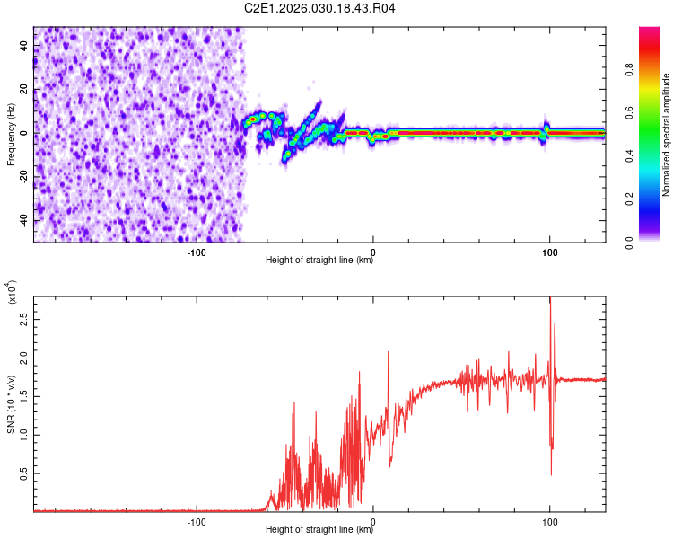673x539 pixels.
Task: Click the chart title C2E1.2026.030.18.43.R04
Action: point(320,9)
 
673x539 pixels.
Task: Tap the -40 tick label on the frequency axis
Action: point(22,220)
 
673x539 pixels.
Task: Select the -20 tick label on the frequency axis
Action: point(22,177)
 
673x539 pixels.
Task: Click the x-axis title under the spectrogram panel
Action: point(319,261)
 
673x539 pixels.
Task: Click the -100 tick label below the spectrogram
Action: point(197,252)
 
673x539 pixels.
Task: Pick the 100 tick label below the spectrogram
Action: point(548,252)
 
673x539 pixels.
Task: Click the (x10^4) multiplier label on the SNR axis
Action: point(11,293)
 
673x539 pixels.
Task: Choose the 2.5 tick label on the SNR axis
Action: point(23,319)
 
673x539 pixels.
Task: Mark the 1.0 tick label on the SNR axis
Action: point(23,435)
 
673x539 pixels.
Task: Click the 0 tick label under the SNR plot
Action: point(373,521)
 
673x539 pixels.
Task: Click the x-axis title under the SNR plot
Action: point(319,530)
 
